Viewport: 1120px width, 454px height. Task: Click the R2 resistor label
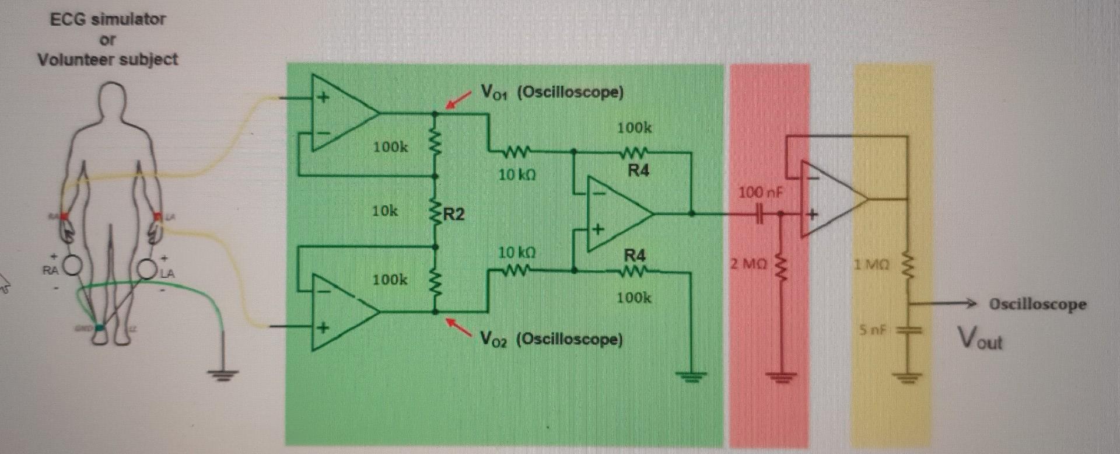pyautogui.click(x=454, y=214)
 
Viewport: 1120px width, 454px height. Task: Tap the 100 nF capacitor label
pyautogui.click(x=761, y=192)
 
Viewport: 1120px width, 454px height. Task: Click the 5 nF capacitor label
pyautogui.click(x=873, y=330)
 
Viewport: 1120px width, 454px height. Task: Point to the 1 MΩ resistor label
pyautogui.click(x=871, y=264)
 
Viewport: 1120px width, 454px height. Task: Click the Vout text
pyautogui.click(x=979, y=338)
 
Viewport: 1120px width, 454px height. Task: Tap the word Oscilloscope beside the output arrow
pyautogui.click(x=1038, y=304)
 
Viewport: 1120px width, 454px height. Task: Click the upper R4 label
pyautogui.click(x=638, y=170)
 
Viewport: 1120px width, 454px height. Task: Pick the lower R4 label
pyautogui.click(x=635, y=255)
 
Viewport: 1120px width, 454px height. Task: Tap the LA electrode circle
pyautogui.click(x=147, y=268)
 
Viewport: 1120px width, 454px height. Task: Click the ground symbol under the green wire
pyautogui.click(x=222, y=374)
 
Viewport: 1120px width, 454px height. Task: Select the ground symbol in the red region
pyautogui.click(x=781, y=377)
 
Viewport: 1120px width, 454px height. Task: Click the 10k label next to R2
pyautogui.click(x=385, y=211)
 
